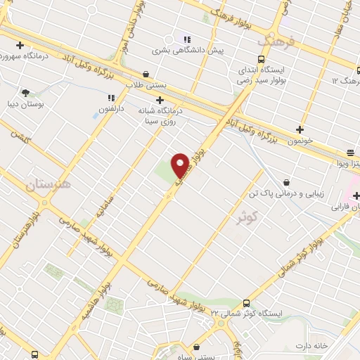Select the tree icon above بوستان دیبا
pos(26,91)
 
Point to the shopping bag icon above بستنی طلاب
pos(146,73)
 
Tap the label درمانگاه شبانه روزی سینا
pos(160,115)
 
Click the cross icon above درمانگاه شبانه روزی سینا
pos(160,99)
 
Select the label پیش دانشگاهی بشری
pos(189,51)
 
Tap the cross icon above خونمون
pos(300,129)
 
